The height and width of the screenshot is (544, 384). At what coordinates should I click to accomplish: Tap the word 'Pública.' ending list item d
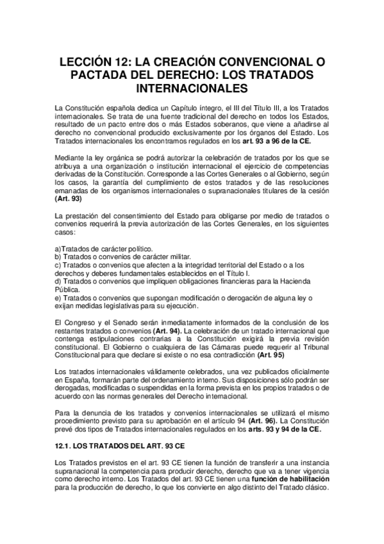68,289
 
